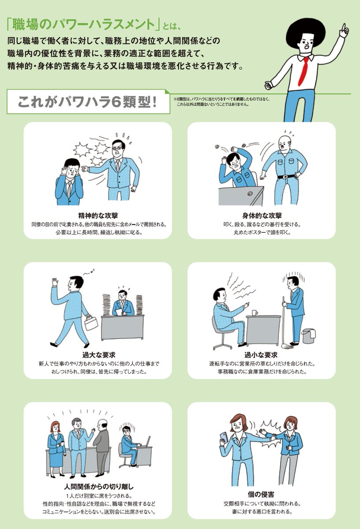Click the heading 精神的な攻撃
(x=98, y=216)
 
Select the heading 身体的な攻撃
(x=262, y=216)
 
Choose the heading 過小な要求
(x=261, y=355)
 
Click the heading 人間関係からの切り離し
(x=99, y=487)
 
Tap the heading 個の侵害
(x=261, y=494)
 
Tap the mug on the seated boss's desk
(x=255, y=313)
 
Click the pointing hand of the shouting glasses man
(x=85, y=168)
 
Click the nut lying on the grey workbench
(x=249, y=194)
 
